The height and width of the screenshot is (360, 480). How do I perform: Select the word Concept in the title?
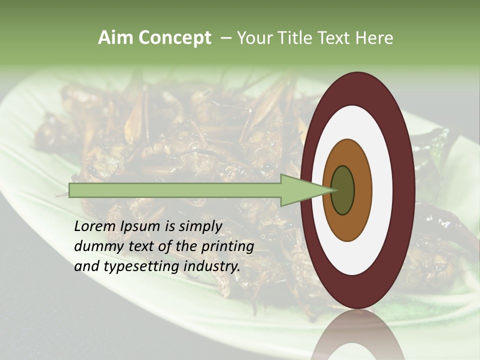[x=174, y=37]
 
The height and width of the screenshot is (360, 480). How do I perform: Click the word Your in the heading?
[x=254, y=37]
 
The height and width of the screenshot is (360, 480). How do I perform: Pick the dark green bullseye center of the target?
[x=342, y=190]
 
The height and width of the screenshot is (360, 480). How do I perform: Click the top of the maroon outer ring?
[x=358, y=87]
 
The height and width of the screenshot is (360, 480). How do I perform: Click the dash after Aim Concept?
[x=225, y=37]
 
